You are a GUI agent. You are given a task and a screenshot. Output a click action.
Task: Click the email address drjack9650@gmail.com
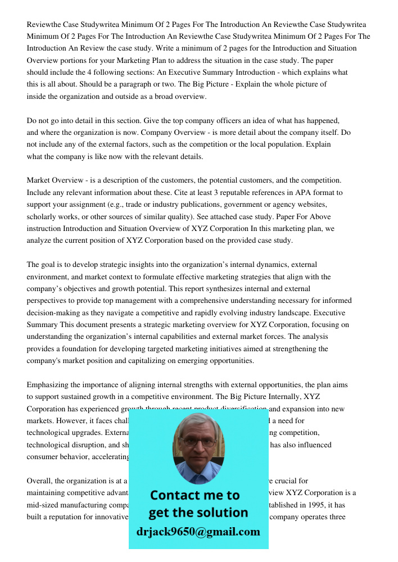(x=198, y=532)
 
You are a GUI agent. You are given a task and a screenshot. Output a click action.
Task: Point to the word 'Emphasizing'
(x=49, y=385)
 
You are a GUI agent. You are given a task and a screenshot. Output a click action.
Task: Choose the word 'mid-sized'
(x=44, y=505)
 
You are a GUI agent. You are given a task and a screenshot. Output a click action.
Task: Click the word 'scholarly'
(x=43, y=216)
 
